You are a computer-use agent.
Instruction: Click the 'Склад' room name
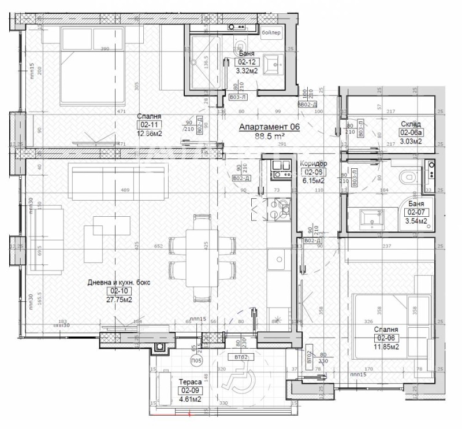[411, 124]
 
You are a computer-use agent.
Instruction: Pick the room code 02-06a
[411, 132]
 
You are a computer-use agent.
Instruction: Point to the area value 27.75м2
[118, 299]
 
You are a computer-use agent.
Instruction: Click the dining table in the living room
[202, 258]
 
